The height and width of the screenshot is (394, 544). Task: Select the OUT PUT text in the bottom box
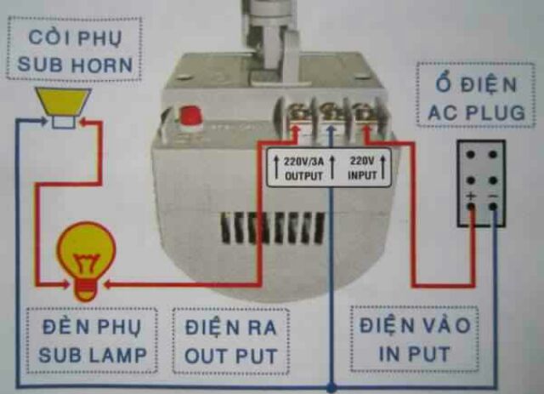pyautogui.click(x=231, y=354)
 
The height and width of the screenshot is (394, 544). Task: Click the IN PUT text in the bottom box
pyautogui.click(x=404, y=352)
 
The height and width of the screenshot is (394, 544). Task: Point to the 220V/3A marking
pyautogui.click(x=304, y=158)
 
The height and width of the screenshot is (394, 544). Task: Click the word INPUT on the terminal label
pyautogui.click(x=362, y=174)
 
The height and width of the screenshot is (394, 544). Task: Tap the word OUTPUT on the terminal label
pyautogui.click(x=304, y=174)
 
